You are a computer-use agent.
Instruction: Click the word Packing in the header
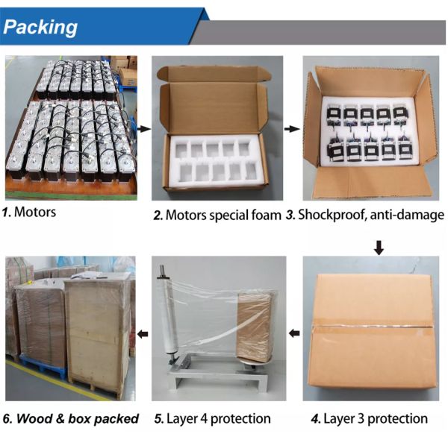pyautogui.click(x=40, y=28)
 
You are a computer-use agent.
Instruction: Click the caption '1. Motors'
pyautogui.click(x=29, y=212)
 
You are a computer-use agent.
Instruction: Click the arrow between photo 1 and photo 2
pyautogui.click(x=144, y=129)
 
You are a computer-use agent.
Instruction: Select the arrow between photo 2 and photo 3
pyautogui.click(x=292, y=129)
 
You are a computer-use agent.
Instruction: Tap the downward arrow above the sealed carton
pyautogui.click(x=379, y=248)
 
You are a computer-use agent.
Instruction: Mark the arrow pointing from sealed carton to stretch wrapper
pyautogui.click(x=294, y=333)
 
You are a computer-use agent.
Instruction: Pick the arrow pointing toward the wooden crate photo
pyautogui.click(x=143, y=333)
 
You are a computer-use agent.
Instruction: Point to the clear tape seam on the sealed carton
pyautogui.click(x=372, y=326)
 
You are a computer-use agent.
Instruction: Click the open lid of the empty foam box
pyautogui.click(x=215, y=74)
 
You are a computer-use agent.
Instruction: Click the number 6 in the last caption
pyautogui.click(x=7, y=419)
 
